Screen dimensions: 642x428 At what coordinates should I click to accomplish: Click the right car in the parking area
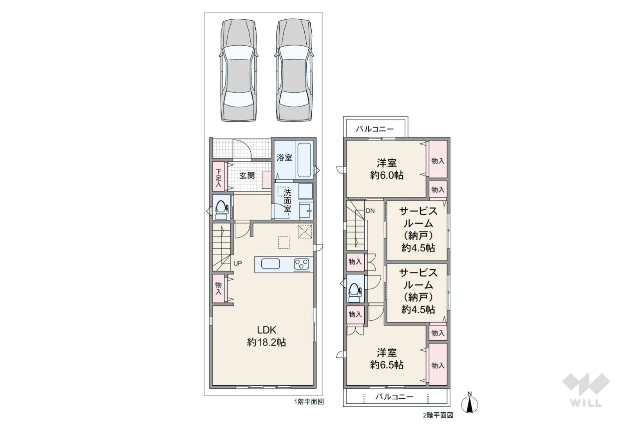pos(294,70)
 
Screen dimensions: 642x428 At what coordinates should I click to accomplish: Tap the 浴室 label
pos(284,157)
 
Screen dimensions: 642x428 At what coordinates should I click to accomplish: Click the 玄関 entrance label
pos(247,175)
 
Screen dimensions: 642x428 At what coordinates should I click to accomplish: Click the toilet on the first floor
pos(222,209)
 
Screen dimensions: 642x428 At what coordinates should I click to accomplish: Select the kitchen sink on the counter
pos(270,264)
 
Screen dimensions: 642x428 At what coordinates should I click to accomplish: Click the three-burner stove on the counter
pos(302,264)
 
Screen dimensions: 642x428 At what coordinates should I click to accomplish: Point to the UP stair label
pos(238,263)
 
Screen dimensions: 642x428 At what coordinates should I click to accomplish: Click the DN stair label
pos(370,211)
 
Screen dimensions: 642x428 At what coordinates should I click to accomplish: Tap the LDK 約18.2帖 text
pos(266,336)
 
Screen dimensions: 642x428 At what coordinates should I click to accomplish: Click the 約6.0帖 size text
pos(387,175)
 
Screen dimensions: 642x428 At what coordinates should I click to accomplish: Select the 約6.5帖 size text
pos(387,365)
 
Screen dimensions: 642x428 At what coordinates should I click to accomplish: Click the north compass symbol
pos(470,403)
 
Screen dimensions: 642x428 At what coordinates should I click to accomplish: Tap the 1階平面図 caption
pos(309,402)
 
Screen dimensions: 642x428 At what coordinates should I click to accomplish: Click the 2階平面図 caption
pos(438,415)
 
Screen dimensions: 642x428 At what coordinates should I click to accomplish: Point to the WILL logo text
pos(586,403)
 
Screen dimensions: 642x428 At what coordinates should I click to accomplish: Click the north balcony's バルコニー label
pos(375,129)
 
